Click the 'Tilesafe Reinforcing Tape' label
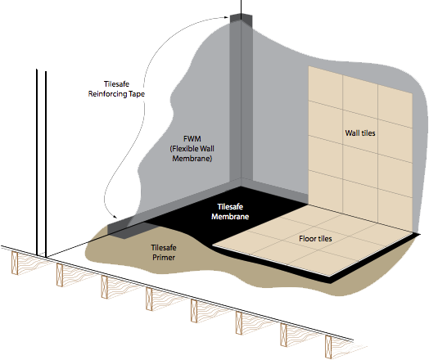(x=116, y=89)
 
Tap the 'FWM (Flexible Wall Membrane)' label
(x=192, y=148)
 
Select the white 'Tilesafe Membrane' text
(x=230, y=212)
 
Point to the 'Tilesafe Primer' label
(x=164, y=252)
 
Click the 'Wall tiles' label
(x=360, y=133)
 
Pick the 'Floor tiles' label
(x=315, y=239)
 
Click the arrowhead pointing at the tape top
(x=226, y=17)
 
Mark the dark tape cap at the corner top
(x=241, y=20)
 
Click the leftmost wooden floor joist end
(x=15, y=263)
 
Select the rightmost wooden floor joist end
(x=328, y=347)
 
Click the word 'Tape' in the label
(x=137, y=94)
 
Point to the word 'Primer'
(x=164, y=258)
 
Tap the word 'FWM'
(x=192, y=138)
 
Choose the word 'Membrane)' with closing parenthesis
(x=192, y=159)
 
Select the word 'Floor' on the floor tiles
(x=308, y=239)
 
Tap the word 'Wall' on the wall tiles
(x=352, y=133)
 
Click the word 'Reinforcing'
(x=107, y=94)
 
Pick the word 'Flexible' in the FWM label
(x=185, y=148)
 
